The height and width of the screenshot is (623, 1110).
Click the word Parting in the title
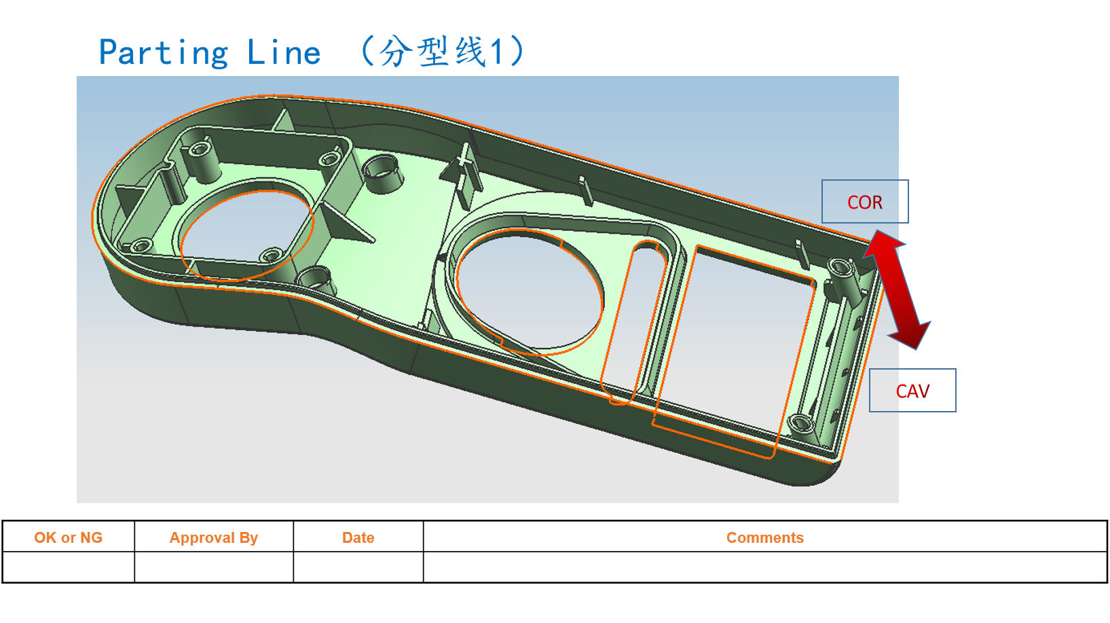164,53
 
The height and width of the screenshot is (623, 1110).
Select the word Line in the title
284,53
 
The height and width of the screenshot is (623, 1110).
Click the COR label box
864,202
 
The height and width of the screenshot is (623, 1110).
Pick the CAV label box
912,391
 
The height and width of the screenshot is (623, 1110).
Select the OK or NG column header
68,537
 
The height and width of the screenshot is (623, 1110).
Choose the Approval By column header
213,537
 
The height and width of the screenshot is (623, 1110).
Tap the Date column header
358,537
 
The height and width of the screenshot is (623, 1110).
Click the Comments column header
764,537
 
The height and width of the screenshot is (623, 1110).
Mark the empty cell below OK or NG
68,567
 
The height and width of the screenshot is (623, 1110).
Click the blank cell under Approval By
213,567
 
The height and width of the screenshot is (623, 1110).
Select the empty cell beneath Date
358,567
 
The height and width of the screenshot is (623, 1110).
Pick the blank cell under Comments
764,567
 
